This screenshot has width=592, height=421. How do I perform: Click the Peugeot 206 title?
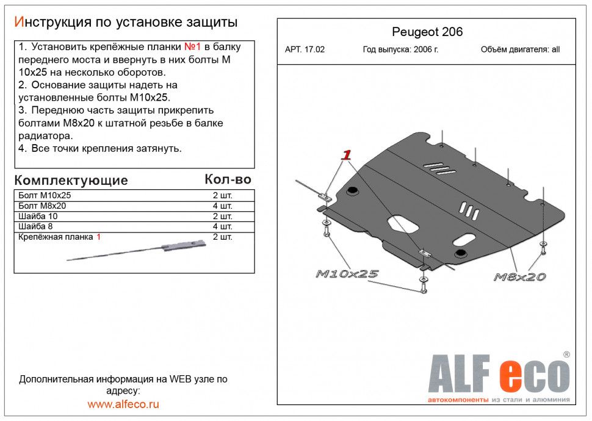[x=427, y=32]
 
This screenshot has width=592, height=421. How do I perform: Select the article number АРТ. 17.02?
[x=305, y=49]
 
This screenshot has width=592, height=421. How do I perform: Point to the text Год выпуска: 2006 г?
[x=400, y=49]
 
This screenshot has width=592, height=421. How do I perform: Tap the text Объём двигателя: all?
[x=520, y=49]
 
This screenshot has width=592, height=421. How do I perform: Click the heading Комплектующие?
[x=71, y=180]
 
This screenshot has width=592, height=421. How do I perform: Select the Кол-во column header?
[x=228, y=179]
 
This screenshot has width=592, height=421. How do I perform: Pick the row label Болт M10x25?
[x=45, y=195]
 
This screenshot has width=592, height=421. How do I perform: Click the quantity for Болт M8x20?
[x=222, y=206]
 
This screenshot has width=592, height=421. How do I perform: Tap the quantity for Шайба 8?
[x=222, y=226]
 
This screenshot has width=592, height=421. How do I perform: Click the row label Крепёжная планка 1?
[x=60, y=237]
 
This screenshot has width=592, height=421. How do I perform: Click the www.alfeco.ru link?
[x=123, y=405]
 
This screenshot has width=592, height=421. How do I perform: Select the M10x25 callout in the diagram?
[x=347, y=274]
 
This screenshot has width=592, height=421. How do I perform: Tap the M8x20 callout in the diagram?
[x=519, y=277]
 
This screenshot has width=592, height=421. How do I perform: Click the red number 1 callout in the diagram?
[x=346, y=155]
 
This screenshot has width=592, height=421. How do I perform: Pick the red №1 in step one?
[x=192, y=47]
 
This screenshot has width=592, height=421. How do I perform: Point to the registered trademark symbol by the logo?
[x=566, y=354]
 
